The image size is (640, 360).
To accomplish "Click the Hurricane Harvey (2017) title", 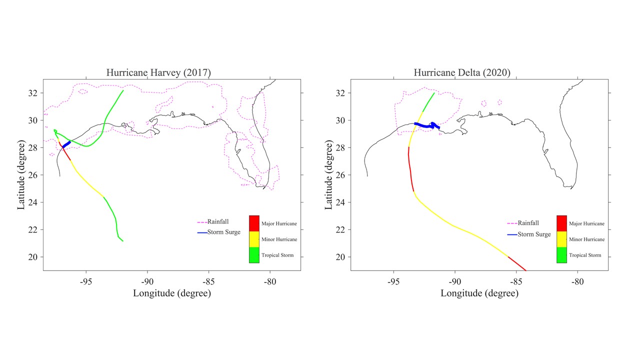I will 158,73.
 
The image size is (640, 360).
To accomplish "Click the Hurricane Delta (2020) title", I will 462,73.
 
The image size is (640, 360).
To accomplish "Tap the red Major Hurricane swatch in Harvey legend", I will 254,223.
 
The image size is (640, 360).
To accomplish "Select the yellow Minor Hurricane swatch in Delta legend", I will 561,239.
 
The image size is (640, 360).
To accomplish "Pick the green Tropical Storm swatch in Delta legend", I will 561,255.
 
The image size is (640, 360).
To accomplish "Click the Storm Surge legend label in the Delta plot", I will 534,234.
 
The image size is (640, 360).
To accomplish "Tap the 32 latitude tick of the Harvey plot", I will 34,93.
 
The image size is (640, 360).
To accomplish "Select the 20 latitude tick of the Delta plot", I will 342,257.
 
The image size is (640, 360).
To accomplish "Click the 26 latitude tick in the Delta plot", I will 342,175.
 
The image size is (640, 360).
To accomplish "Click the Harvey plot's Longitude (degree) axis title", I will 172,293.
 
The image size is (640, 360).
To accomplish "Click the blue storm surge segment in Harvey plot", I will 66,144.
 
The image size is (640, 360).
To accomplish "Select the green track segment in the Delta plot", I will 428,102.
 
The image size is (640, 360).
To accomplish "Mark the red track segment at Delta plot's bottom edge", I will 517,264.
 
